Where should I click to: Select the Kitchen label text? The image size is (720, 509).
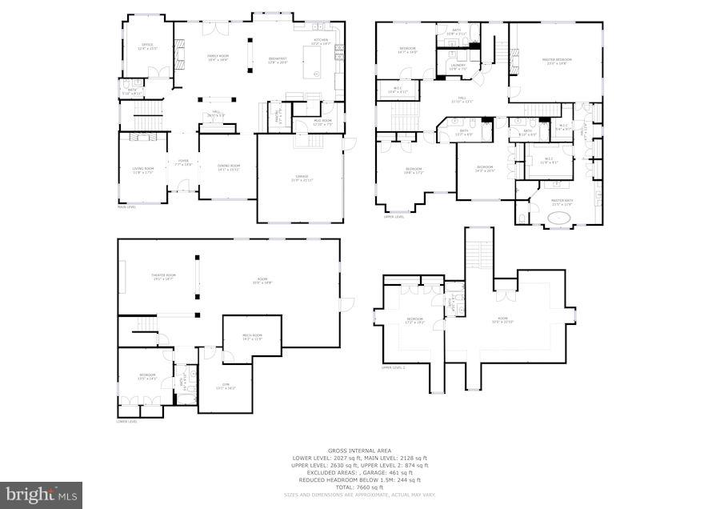[320, 41]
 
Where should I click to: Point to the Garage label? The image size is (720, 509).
[302, 178]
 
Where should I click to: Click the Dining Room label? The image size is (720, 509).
[228, 166]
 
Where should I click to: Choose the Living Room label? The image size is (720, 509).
[142, 169]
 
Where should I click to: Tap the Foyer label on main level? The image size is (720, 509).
[183, 162]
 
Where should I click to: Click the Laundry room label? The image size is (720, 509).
[458, 66]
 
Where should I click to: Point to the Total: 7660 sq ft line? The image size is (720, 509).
[359, 487]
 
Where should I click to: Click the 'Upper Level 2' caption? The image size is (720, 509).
[394, 367]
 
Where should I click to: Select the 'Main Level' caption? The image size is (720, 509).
[127, 207]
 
